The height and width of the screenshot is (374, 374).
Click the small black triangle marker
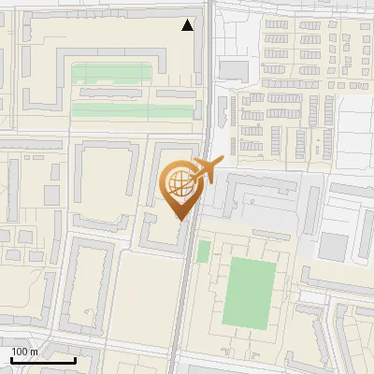(189, 26)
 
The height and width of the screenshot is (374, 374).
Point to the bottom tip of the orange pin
(180, 221)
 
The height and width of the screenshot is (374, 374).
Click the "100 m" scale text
(24, 352)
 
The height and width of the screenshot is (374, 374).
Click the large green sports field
(250, 293)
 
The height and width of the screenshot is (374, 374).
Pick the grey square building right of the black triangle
(233, 71)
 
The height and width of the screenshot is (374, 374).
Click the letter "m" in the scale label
(34, 352)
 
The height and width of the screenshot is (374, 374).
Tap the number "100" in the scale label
(20, 352)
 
